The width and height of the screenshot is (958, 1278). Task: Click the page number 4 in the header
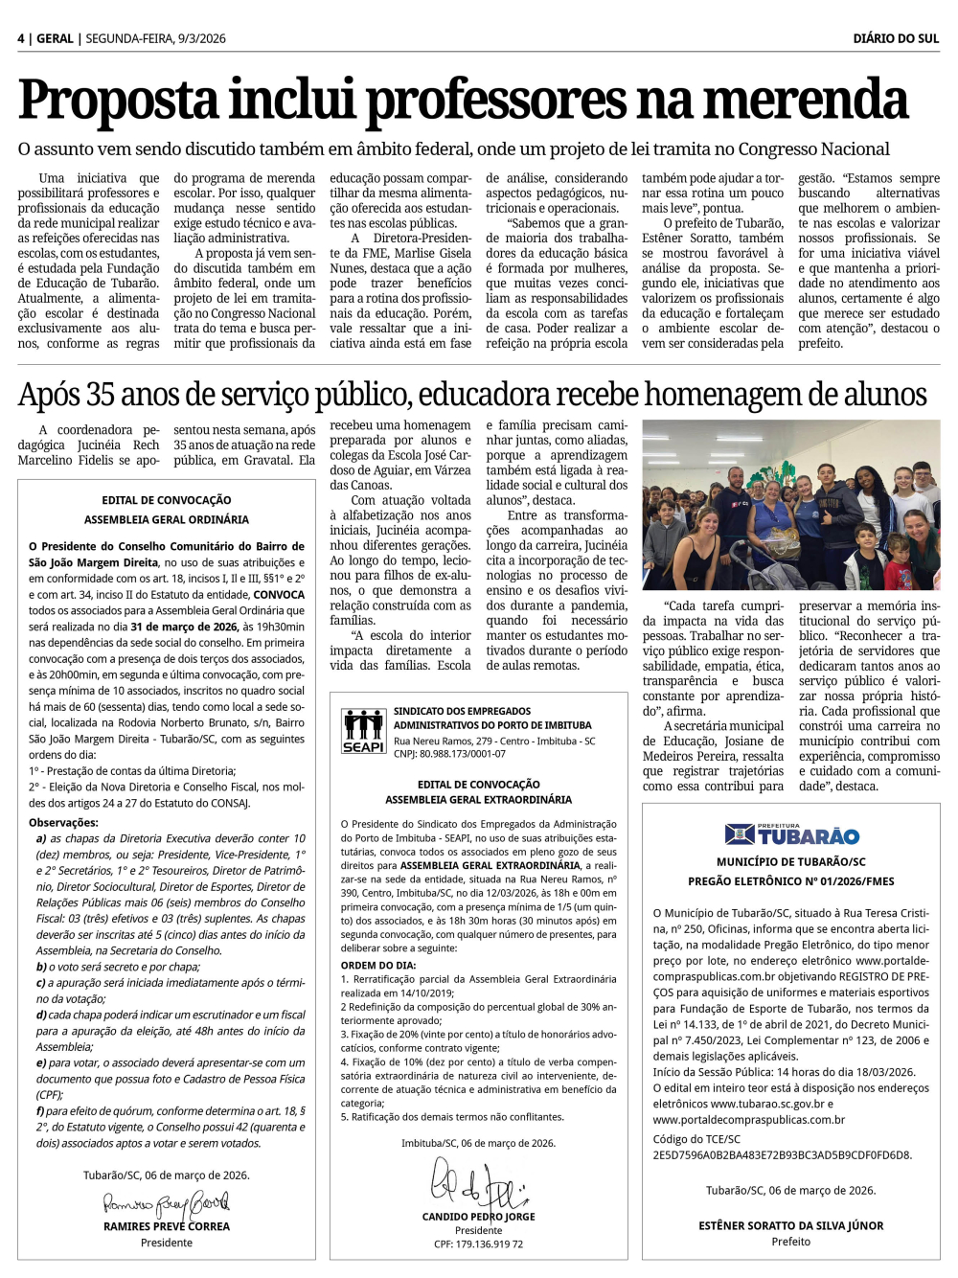[21, 38]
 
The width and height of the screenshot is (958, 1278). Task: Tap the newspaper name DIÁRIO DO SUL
[896, 38]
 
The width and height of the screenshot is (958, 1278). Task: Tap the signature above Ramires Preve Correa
[166, 1203]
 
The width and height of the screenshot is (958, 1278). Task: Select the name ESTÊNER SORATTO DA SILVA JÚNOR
[790, 1225]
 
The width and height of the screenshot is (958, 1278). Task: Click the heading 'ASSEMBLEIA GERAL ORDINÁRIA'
[167, 519]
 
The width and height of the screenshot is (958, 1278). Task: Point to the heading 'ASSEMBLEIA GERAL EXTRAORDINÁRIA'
[478, 799]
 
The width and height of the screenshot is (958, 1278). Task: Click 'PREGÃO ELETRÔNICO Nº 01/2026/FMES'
[790, 881]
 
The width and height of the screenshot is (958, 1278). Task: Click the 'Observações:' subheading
[63, 822]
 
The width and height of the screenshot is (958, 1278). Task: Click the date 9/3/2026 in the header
[201, 38]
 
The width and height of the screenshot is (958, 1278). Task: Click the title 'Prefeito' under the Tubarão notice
[790, 1242]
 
